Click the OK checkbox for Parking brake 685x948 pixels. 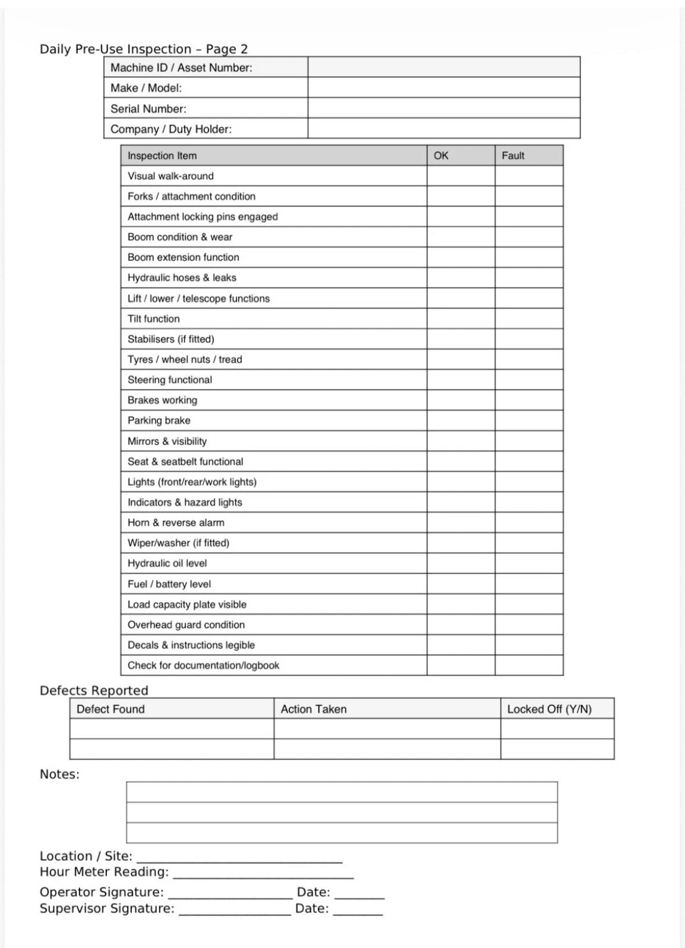[461, 421]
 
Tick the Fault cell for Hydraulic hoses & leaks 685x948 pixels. [529, 278]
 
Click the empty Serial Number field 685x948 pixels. [443, 108]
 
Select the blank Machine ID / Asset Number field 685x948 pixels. [443, 67]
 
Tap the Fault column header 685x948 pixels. [513, 156]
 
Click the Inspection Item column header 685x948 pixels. [162, 156]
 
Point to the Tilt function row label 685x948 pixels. [154, 319]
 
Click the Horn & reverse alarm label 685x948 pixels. [176, 523]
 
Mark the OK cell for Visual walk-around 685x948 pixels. [461, 176]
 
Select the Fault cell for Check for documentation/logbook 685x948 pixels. [529, 665]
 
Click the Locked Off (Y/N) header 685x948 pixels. [549, 709]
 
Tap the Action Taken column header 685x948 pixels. [314, 709]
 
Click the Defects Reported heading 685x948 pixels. [94, 690]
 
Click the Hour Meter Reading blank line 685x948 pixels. [263, 874]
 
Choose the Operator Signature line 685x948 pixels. [230, 894]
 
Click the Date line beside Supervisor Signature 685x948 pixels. [358, 911]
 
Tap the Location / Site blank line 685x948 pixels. [239, 858]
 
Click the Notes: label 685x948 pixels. [59, 774]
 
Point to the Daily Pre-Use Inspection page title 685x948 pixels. [144, 49]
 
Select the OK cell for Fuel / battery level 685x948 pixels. [461, 584]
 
